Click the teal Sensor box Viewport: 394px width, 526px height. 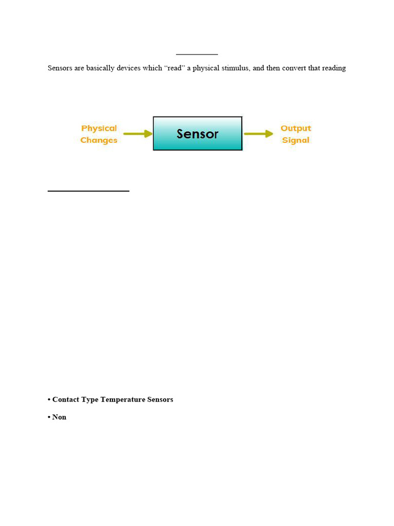198,134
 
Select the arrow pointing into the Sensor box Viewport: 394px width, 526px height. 138,134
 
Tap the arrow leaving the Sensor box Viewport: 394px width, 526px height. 258,134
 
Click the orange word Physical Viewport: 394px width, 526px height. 99,128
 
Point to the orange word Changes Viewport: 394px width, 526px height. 99,140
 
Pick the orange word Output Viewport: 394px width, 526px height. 295,128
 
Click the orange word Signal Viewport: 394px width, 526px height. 295,140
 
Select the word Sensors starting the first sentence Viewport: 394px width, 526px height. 60,68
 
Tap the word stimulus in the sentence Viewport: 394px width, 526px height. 235,68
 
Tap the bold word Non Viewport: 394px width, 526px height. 60,417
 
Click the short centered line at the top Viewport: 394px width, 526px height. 197,54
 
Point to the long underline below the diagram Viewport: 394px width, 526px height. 88,191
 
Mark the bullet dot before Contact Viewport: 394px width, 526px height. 49,400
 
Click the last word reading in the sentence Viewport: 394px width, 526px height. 334,68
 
